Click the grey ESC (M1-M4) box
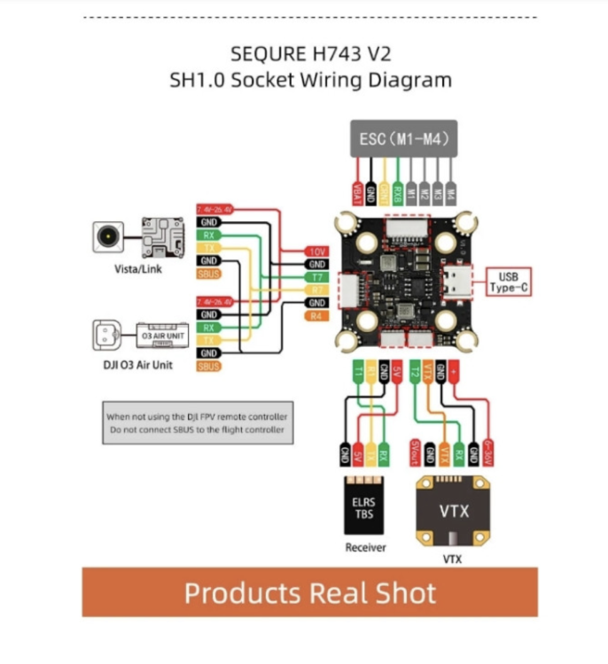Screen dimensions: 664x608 coord(403,138)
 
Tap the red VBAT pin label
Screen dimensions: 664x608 coord(358,194)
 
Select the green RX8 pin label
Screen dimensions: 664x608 coord(399,194)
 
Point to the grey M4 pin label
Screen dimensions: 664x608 coord(451,194)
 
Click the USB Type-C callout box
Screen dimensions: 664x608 coord(508,282)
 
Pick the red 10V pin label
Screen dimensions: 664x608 coord(316,251)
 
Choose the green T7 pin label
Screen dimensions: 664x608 coord(316,277)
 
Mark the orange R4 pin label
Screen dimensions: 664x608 coord(316,316)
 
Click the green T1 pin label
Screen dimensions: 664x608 coord(358,370)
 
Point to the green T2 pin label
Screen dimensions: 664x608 coord(415,370)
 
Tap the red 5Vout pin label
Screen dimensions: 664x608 coord(415,451)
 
